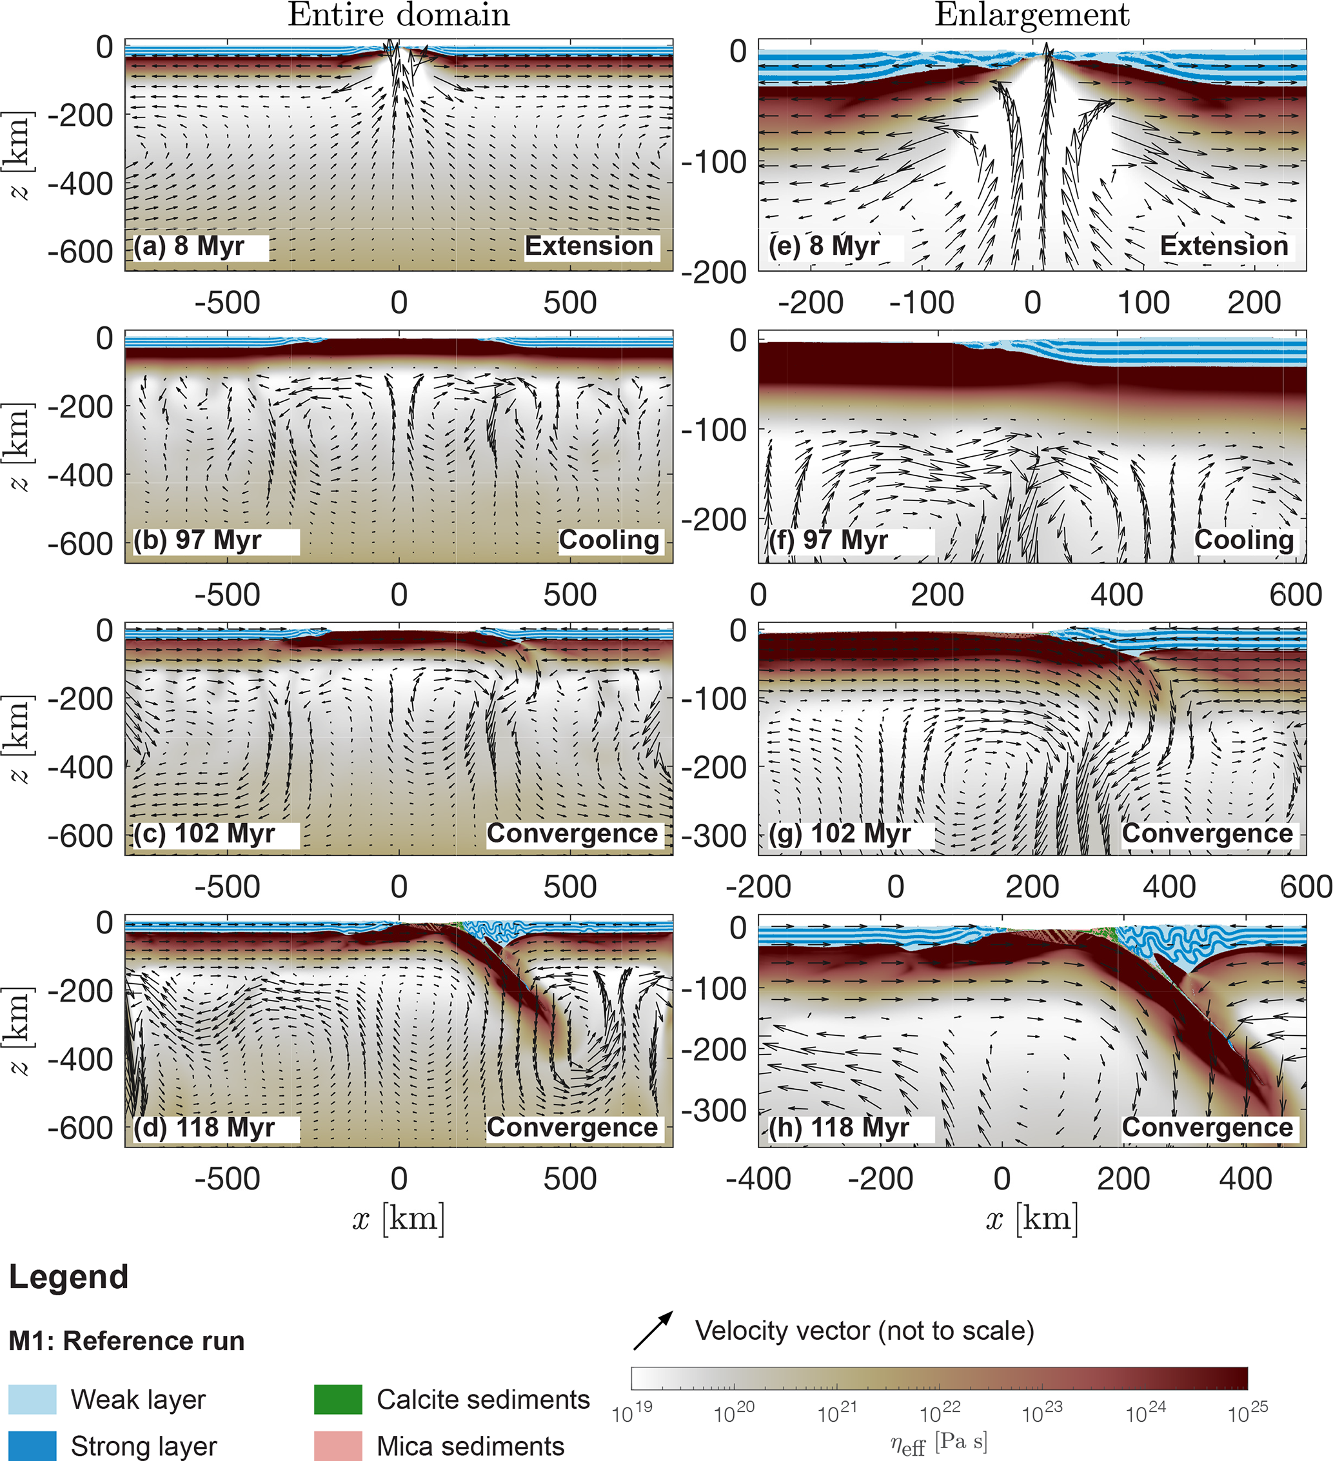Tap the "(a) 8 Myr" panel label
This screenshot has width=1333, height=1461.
(x=190, y=246)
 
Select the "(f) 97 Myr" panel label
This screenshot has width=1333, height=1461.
(x=828, y=541)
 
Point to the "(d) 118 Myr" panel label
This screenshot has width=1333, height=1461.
(x=204, y=1128)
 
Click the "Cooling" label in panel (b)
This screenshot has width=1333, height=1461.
(x=609, y=540)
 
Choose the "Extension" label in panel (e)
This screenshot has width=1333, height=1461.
(x=1223, y=246)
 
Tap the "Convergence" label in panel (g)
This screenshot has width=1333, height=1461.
(x=1207, y=834)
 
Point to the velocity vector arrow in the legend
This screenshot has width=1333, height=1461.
(x=653, y=1331)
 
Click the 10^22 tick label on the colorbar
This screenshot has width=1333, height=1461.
(x=940, y=1412)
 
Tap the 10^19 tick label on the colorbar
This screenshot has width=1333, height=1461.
(x=632, y=1412)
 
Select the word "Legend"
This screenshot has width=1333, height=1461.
(x=69, y=1278)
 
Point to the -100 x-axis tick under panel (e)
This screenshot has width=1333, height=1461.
(x=922, y=303)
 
